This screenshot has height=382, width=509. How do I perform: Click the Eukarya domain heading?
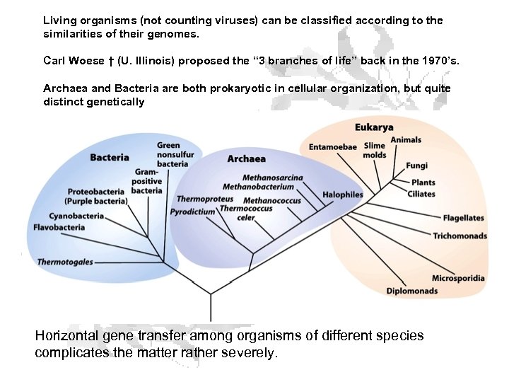click(374, 128)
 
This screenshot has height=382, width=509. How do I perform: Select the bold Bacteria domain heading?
click(110, 157)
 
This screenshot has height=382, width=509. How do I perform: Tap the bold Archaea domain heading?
click(247, 159)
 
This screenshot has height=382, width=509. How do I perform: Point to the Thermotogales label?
click(65, 262)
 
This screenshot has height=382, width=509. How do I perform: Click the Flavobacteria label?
click(59, 227)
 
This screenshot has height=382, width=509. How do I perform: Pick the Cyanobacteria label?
click(76, 216)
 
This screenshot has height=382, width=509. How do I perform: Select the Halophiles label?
click(343, 195)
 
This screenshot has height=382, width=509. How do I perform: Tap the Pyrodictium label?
click(192, 212)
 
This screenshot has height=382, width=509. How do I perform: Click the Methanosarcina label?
click(273, 178)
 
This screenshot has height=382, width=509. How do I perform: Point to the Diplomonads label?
click(411, 291)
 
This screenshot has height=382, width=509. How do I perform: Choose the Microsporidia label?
click(458, 278)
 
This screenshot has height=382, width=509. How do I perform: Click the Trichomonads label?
click(460, 236)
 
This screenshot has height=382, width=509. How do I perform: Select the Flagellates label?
click(463, 218)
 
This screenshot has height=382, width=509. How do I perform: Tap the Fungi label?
click(416, 166)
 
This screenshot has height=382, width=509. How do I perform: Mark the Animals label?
click(406, 140)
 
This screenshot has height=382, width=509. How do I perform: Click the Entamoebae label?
click(332, 147)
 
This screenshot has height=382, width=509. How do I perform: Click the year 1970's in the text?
click(439, 61)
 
